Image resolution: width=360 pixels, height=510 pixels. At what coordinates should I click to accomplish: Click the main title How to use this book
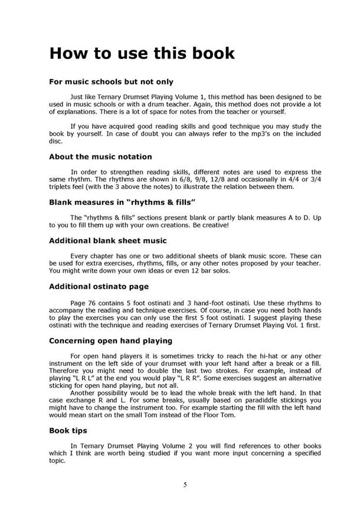[142, 53]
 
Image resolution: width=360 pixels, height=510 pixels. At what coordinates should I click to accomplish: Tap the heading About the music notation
[100, 156]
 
